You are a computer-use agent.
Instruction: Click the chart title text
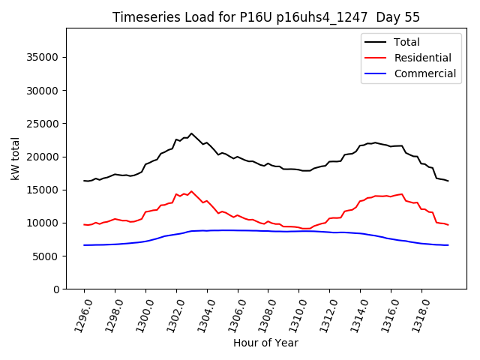tap(266, 17)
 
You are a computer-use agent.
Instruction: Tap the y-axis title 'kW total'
tap(16, 159)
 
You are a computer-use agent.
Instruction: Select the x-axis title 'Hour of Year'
tap(265, 343)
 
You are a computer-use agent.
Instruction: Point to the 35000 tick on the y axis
tap(43, 57)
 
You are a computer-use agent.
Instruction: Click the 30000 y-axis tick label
tap(43, 91)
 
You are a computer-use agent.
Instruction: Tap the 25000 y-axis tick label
tap(43, 124)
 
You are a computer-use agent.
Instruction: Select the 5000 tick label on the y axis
tap(46, 256)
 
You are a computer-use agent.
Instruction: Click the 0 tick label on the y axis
tap(55, 289)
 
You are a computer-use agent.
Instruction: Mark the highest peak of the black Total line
tap(191, 133)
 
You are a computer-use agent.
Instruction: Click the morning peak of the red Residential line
tap(191, 191)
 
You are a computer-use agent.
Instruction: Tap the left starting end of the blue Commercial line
tap(84, 245)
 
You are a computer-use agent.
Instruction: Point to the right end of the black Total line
tap(448, 181)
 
